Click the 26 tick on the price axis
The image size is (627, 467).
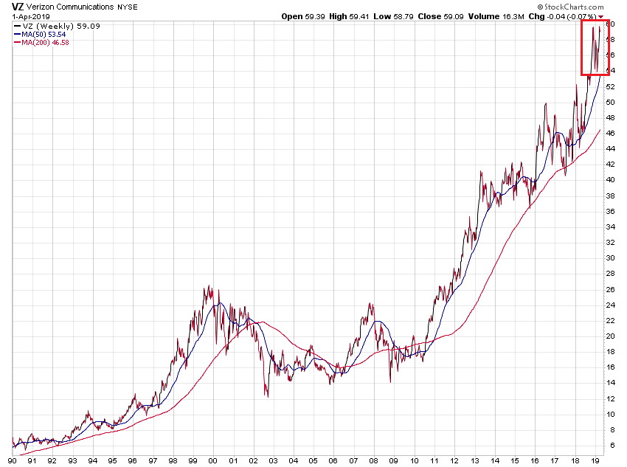[610, 289]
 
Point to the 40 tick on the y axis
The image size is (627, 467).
[610, 180]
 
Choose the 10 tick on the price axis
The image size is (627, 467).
[610, 414]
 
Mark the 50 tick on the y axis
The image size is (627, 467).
[610, 102]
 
